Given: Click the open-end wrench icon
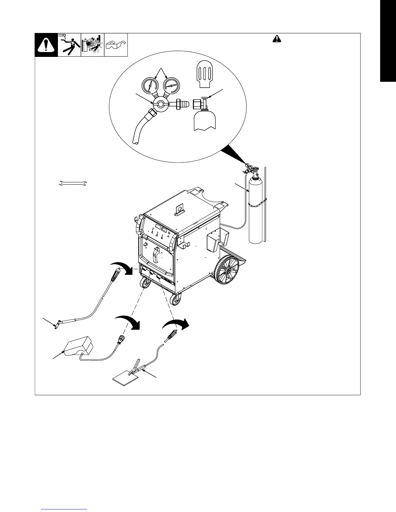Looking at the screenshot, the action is coord(72,184).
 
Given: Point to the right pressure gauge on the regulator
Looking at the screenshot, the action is coord(172,86).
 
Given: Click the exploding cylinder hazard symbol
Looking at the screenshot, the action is coord(93,45).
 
